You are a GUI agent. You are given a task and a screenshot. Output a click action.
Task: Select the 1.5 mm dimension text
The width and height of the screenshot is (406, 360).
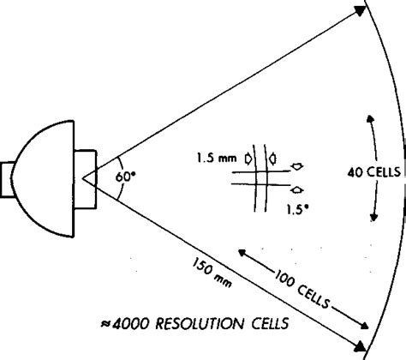pyautogui.click(x=217, y=159)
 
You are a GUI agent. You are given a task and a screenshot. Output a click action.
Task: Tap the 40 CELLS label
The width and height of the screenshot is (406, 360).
pyautogui.click(x=374, y=171)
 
